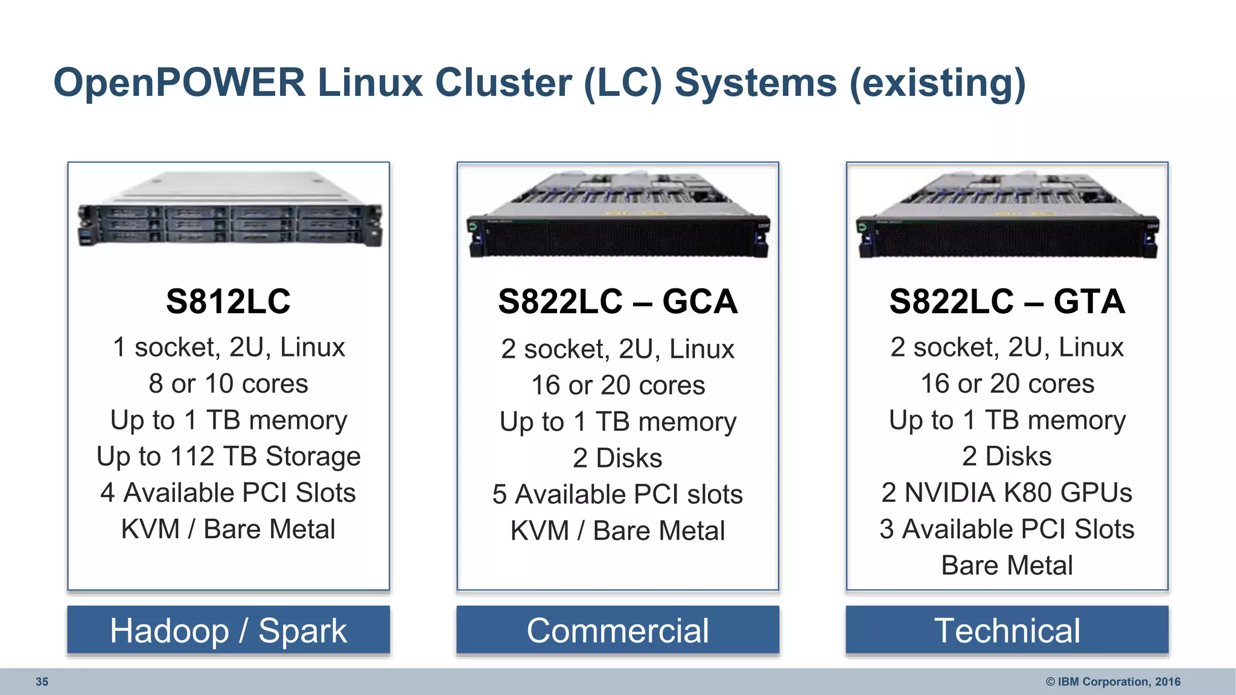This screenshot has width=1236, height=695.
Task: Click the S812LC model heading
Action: [x=228, y=302]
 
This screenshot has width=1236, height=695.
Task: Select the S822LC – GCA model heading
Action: [x=617, y=302]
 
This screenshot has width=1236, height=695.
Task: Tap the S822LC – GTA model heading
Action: [x=1007, y=302]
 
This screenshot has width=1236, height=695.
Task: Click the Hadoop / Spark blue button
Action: [x=228, y=630]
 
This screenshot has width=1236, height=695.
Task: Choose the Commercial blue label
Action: [x=617, y=630]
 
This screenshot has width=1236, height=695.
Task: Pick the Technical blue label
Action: [x=1007, y=630]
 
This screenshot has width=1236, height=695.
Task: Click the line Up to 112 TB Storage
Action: [x=228, y=457]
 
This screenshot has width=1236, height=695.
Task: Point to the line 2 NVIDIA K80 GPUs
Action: [x=1007, y=493]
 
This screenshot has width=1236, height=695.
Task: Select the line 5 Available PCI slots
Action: [x=617, y=495]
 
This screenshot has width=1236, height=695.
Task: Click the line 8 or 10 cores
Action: [x=228, y=384]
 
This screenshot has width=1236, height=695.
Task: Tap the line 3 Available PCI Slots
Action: [x=1007, y=529]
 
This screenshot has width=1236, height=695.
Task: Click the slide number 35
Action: [x=42, y=682]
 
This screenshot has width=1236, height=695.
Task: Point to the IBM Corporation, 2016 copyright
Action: [x=1113, y=682]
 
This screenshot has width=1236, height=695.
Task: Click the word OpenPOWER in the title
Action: [x=179, y=83]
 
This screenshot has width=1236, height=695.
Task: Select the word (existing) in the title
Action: [x=937, y=83]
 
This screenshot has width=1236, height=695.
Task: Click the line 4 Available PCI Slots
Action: [x=228, y=493]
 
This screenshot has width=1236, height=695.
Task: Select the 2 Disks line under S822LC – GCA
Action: [x=617, y=459]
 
